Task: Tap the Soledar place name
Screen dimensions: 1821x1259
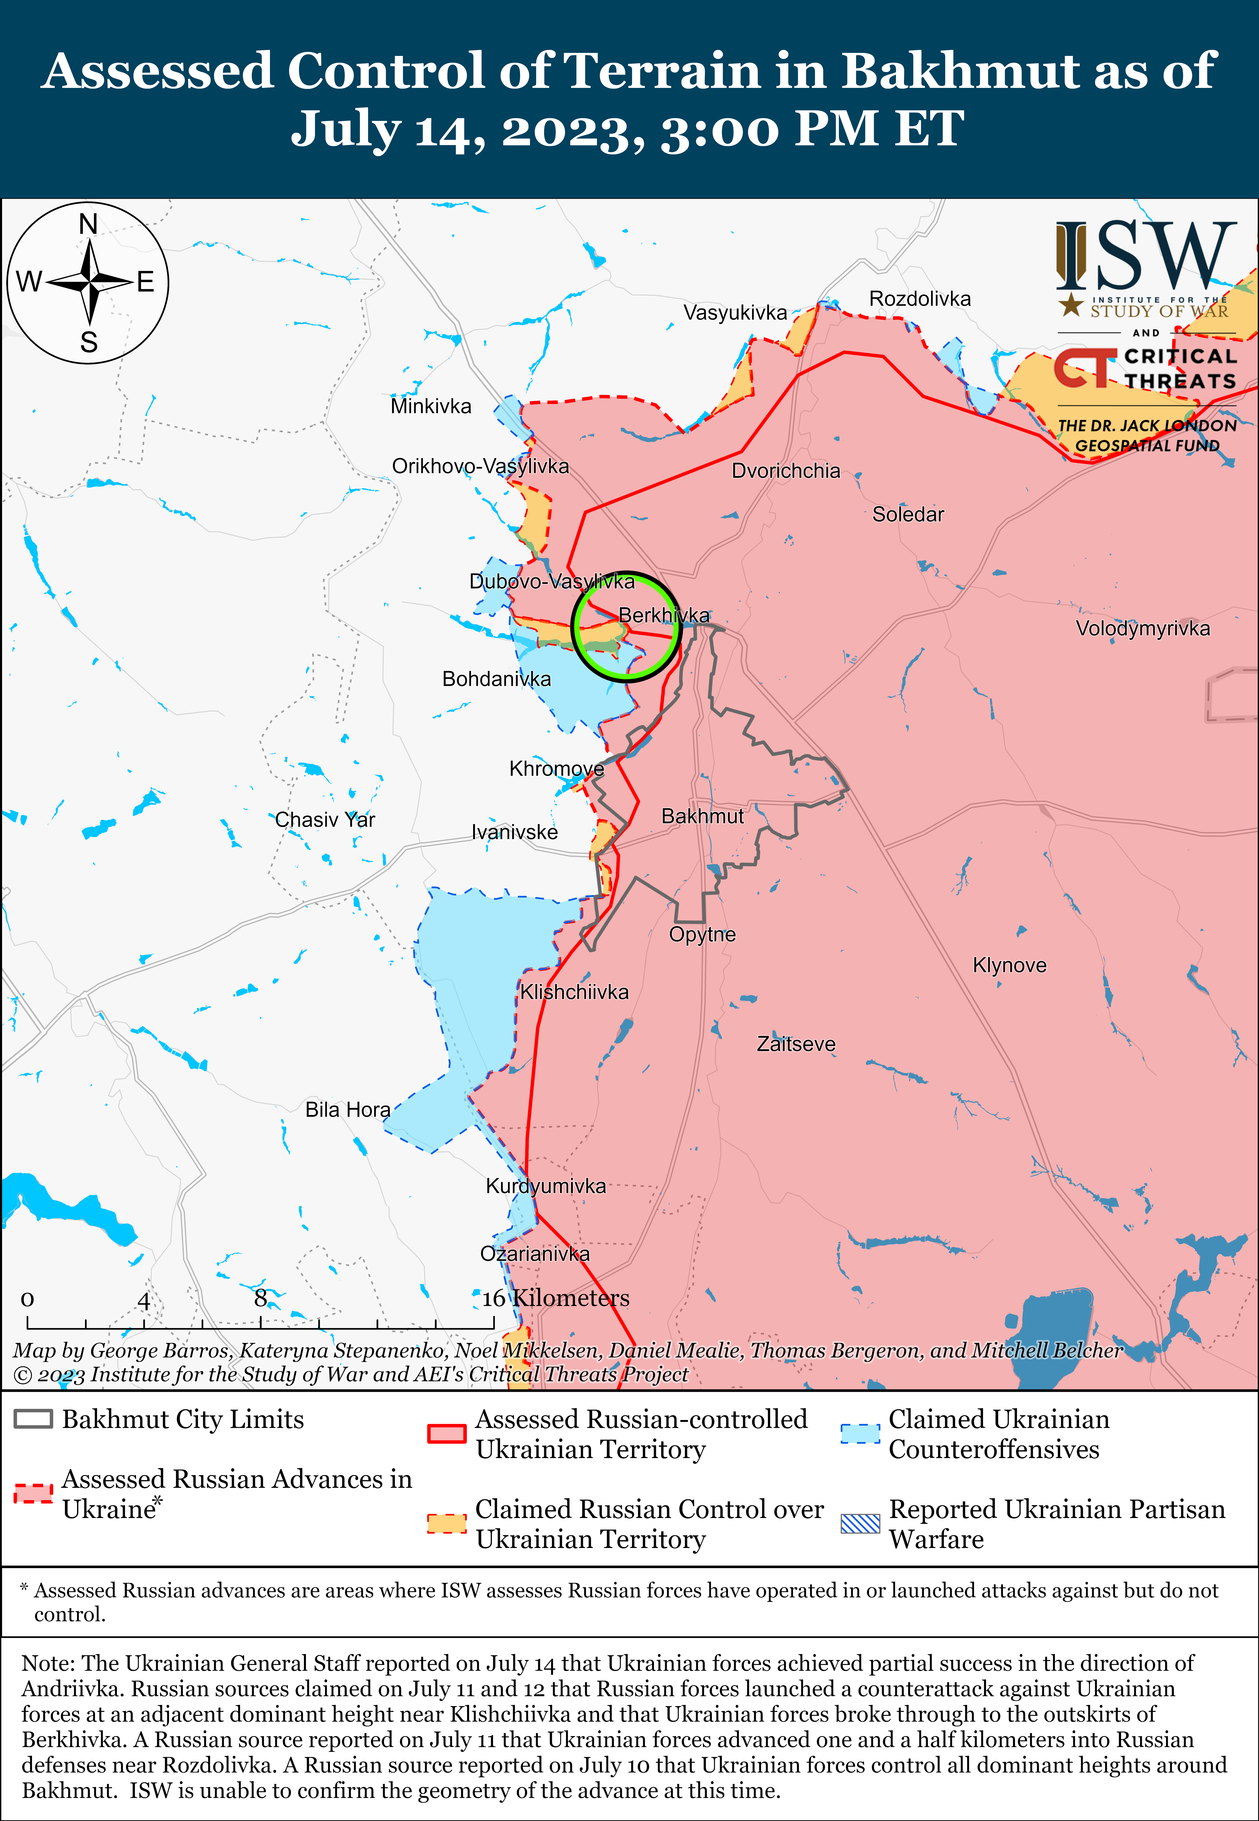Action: [x=908, y=514]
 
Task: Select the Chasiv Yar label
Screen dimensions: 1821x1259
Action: [x=325, y=820]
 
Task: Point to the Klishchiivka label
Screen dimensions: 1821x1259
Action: [x=574, y=992]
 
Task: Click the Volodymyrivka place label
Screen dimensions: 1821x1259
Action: [x=1142, y=629]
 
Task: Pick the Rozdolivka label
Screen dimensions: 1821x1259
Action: [x=920, y=299]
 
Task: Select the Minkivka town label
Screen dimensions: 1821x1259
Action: [x=431, y=406]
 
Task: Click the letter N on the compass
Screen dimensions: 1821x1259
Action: [x=88, y=225]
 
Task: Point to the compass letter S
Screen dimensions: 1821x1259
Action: [x=89, y=343]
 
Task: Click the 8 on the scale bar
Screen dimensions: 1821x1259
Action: [x=260, y=1298]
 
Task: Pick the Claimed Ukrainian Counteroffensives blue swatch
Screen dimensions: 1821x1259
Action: [x=860, y=1434]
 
